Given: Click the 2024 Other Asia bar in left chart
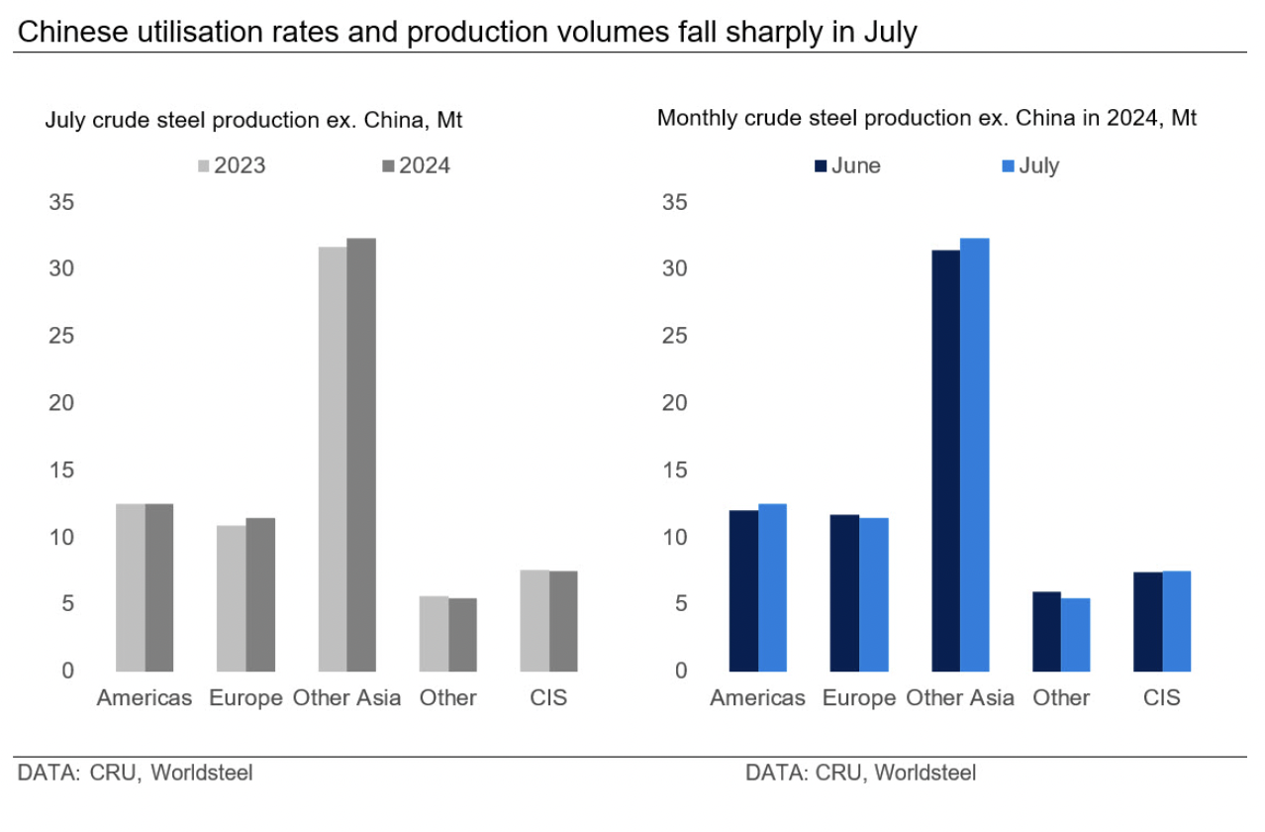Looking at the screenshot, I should click(361, 456).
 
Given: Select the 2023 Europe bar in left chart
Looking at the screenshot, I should click(232, 598).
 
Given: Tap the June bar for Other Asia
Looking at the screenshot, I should click(945, 461).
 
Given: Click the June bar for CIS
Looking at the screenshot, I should click(1148, 622).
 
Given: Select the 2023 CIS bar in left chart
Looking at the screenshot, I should click(535, 621).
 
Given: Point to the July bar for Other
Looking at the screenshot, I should click(1076, 635).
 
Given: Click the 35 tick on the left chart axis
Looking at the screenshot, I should click(62, 202).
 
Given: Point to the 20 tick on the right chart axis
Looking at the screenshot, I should click(675, 403).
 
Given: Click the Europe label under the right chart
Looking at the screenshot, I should click(859, 698).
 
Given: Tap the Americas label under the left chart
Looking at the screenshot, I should click(145, 698).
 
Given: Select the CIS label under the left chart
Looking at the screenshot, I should click(549, 698).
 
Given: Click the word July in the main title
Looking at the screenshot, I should click(888, 33).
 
